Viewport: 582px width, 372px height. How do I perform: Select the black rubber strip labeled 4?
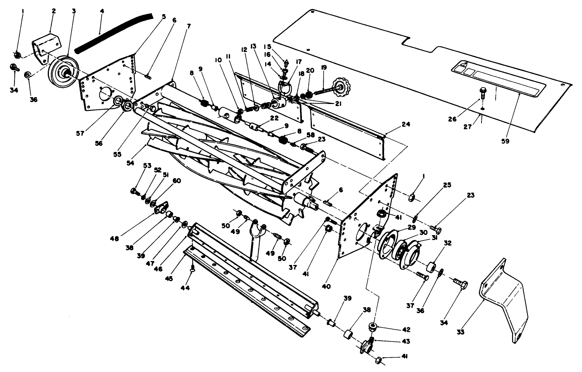[113, 32]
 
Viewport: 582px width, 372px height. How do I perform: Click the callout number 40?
[326, 286]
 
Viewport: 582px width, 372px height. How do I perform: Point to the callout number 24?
[405, 124]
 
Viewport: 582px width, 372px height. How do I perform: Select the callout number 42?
[406, 329]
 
